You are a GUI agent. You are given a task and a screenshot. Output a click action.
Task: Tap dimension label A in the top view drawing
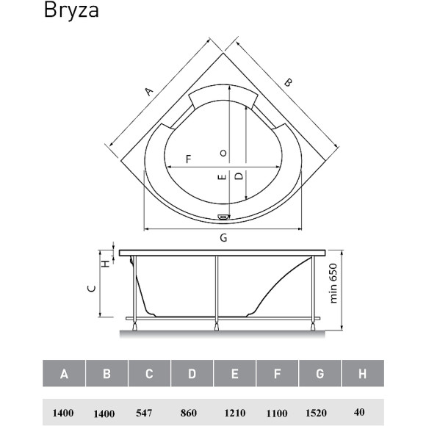pos(148,91)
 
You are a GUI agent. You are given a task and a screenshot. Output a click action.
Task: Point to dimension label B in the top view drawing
pos(288,83)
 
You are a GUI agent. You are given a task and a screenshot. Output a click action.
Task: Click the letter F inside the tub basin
pos(188,159)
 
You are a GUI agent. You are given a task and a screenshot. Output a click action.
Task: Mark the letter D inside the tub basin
pos(238,176)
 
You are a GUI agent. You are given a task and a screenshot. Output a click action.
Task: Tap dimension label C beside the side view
pos(92,289)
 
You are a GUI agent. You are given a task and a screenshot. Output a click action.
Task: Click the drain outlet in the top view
pos(223,217)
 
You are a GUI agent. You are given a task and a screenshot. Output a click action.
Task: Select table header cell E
pos(234,374)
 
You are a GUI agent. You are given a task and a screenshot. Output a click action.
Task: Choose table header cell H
pos(362,374)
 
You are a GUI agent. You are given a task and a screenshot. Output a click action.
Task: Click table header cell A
pos(64,374)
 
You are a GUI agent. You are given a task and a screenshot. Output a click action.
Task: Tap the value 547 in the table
pos(148,413)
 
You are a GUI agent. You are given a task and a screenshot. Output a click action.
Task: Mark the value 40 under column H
pos(361,413)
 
